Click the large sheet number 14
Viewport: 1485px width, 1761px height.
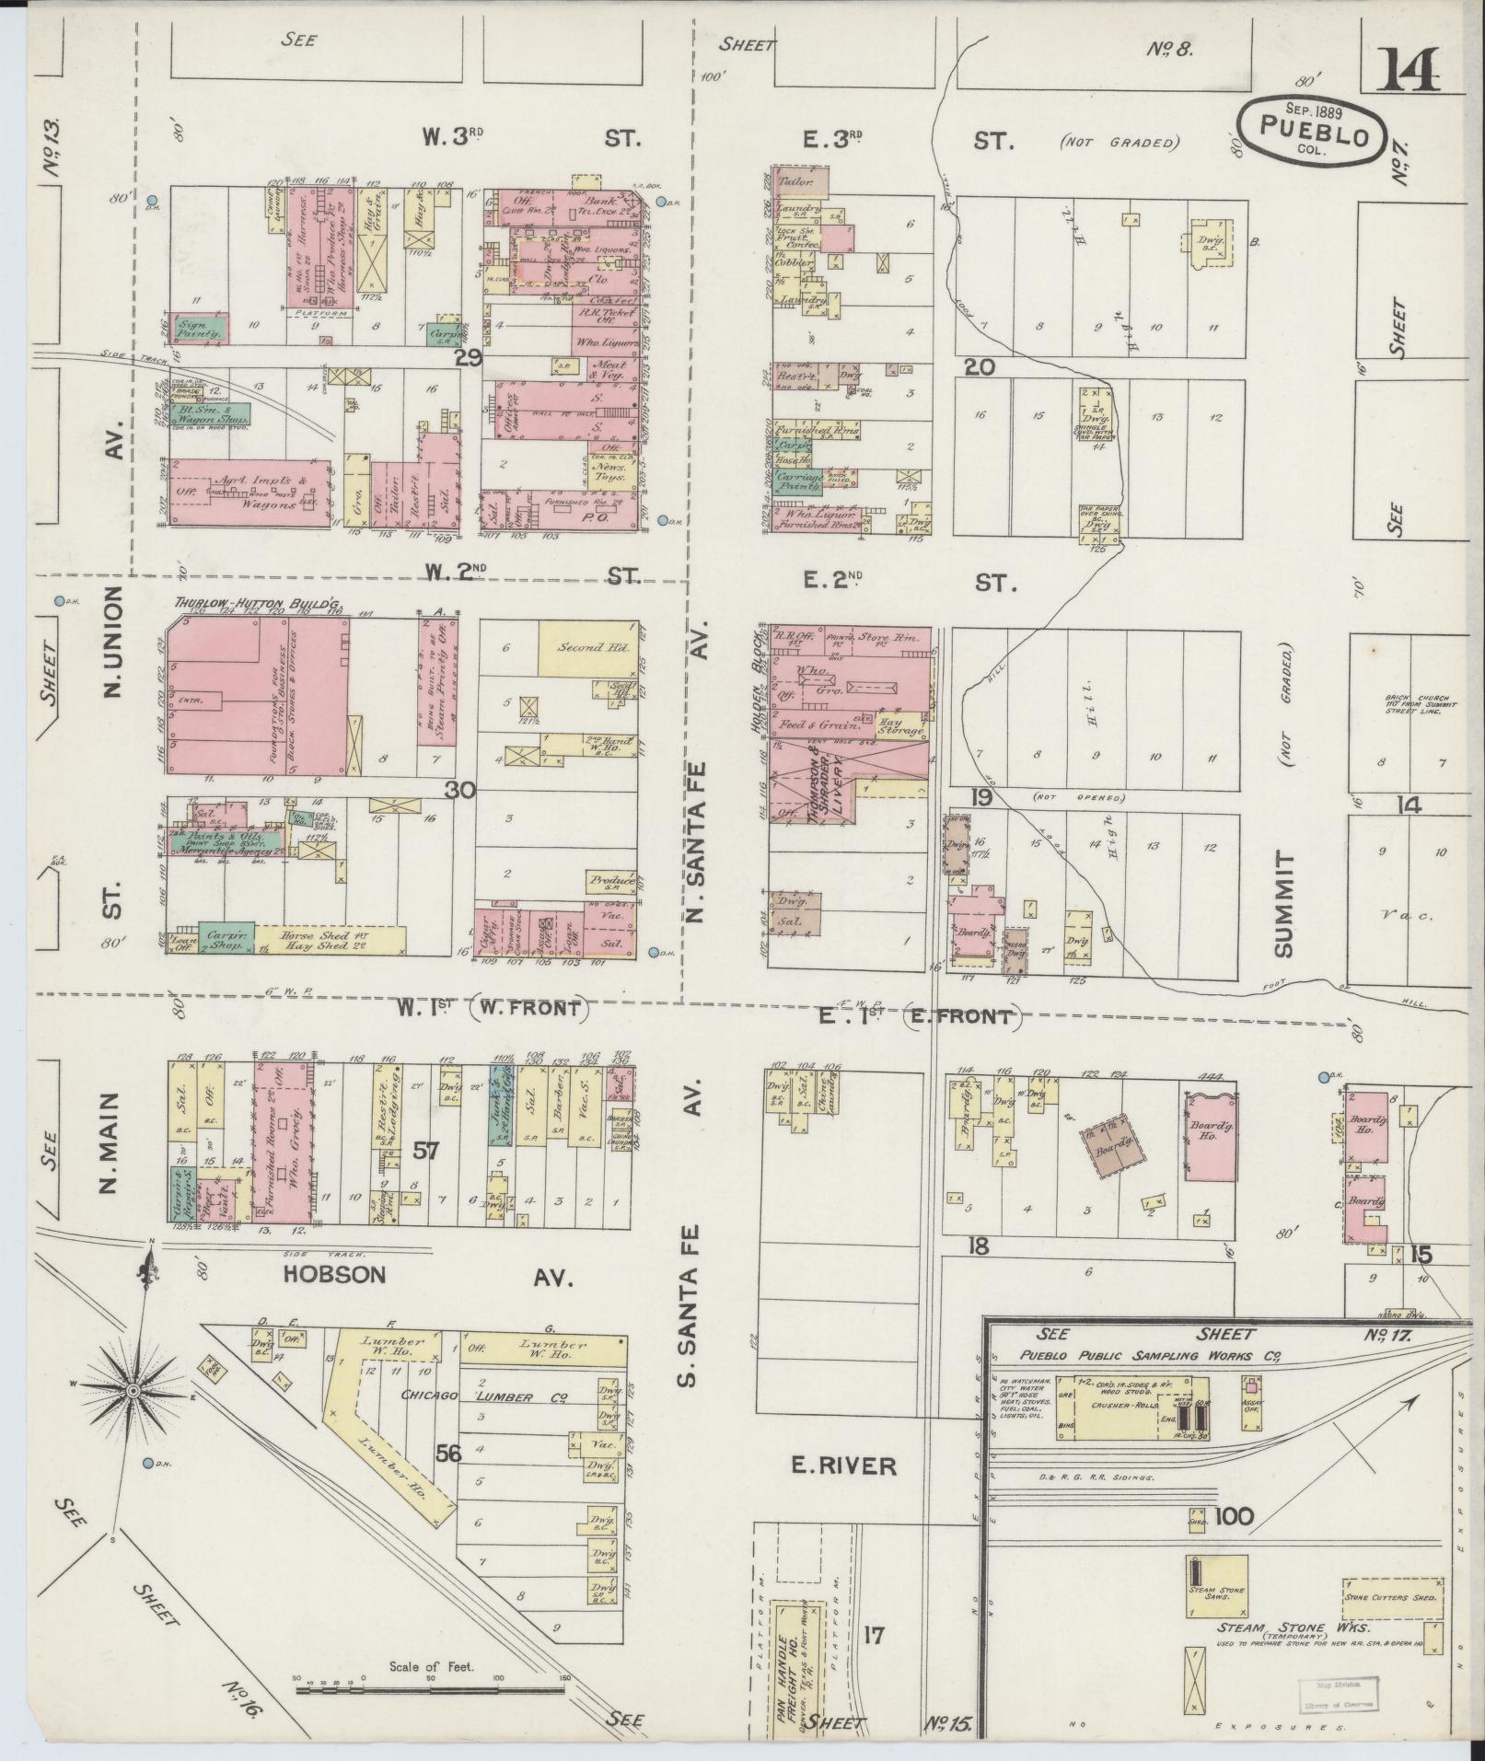point(1408,69)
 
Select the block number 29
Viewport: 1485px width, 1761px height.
point(468,358)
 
